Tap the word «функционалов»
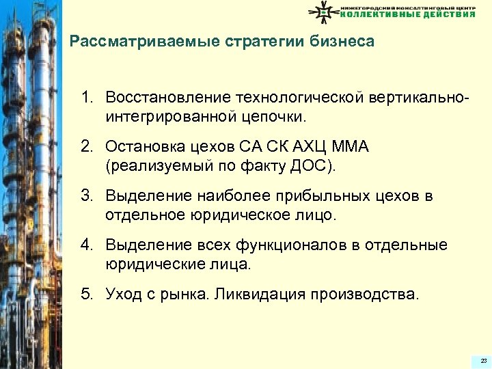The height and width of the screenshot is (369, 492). pos(284,245)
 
